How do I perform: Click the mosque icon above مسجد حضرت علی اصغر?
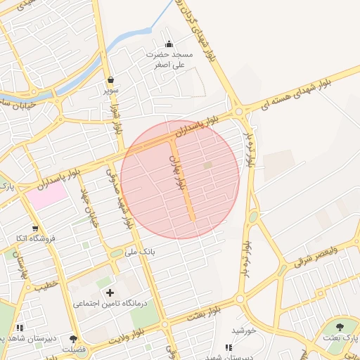pyautogui.click(x=168, y=44)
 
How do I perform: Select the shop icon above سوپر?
pyautogui.click(x=111, y=79)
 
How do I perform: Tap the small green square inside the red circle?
pyautogui.click(x=207, y=165)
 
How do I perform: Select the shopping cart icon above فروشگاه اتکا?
pyautogui.click(x=35, y=229)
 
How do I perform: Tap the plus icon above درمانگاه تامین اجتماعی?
pyautogui.click(x=109, y=292)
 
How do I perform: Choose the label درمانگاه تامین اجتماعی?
pyautogui.click(x=109, y=304)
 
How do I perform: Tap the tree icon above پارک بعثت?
pyautogui.click(x=341, y=327)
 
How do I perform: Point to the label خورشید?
pyautogui.click(x=243, y=330)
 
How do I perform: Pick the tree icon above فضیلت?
pyautogui.click(x=74, y=340)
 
